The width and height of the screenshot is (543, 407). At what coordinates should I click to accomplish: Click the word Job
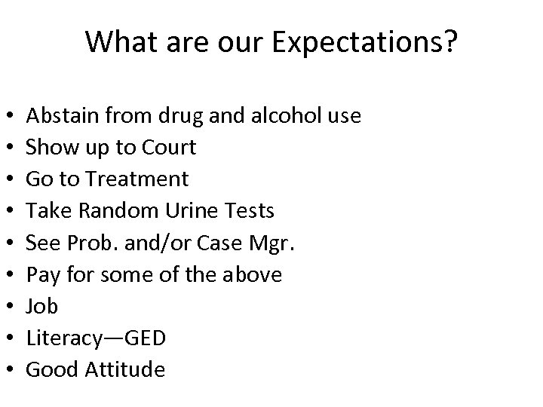pos(41,306)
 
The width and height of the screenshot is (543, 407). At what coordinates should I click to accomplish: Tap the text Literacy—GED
pos(96,338)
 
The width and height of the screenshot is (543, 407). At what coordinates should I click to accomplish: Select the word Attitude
pos(125,369)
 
